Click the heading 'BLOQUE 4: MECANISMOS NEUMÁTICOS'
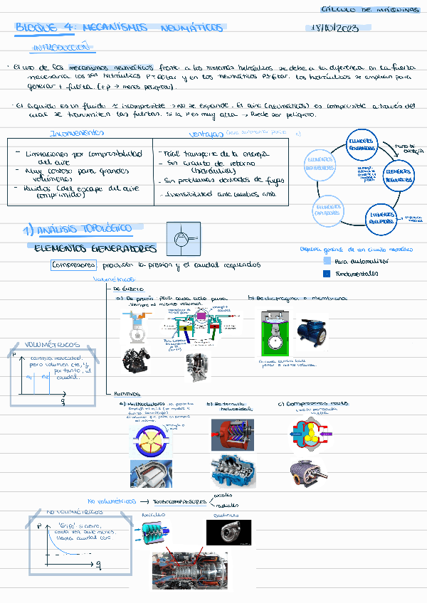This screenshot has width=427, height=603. click(119, 28)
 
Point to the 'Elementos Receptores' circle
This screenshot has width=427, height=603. click(383, 217)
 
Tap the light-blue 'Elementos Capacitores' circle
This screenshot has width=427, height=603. click(328, 210)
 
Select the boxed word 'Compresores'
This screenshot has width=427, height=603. click(73, 265)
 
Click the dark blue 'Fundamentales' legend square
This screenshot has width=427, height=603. click(326, 273)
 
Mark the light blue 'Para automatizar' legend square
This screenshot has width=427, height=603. click(326, 261)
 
